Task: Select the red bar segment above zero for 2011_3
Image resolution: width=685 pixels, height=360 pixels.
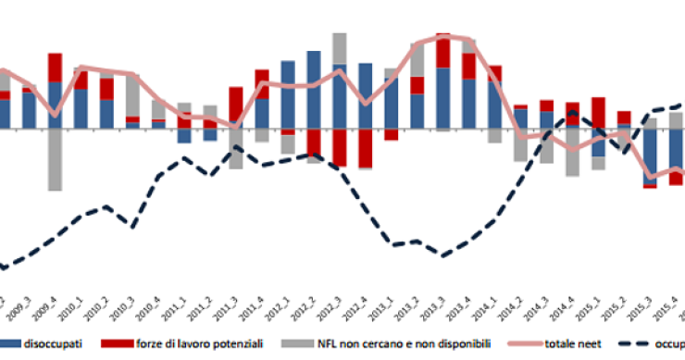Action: pos(236,105)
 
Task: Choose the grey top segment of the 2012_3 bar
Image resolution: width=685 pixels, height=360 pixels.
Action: pos(340,49)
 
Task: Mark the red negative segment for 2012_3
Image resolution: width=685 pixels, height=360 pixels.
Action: pos(340,147)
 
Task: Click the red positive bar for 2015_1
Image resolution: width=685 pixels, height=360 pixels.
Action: pos(599,112)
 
